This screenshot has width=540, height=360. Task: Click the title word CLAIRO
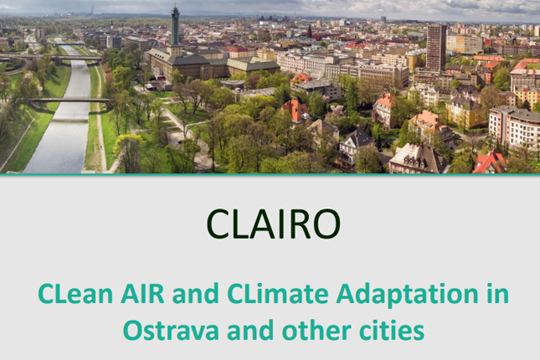pyautogui.click(x=274, y=224)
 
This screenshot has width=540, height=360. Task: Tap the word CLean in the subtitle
pyautogui.click(x=75, y=294)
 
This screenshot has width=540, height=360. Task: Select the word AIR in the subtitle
pyautogui.click(x=142, y=294)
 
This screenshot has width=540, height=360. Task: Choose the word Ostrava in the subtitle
pyautogui.click(x=171, y=331)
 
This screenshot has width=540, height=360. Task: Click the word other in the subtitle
pyautogui.click(x=316, y=330)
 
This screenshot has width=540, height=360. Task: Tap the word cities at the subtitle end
pyautogui.click(x=392, y=330)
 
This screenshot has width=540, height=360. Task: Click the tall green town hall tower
pyautogui.click(x=175, y=27)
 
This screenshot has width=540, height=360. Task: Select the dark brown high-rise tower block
pyautogui.click(x=436, y=48)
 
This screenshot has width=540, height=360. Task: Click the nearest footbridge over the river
pyautogui.click(x=70, y=100)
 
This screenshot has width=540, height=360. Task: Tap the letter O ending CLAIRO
pyautogui.click(x=326, y=224)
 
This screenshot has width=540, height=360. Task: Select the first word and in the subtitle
pyautogui.click(x=196, y=294)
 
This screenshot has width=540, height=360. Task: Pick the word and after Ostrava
pyautogui.click(x=250, y=330)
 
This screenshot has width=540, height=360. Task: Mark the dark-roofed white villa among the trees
pyautogui.click(x=356, y=146)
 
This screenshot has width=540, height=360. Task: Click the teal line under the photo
pyautogui.click(x=270, y=175)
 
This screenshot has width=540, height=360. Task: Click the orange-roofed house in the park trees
pyautogui.click(x=296, y=111)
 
